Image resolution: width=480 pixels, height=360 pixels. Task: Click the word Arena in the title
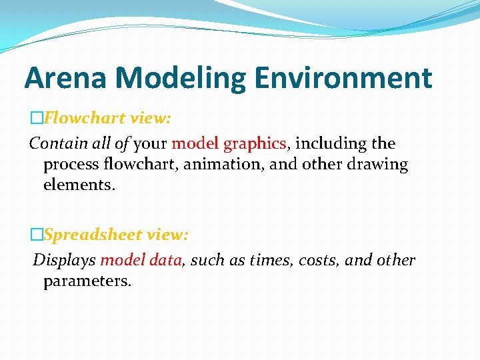tap(65, 78)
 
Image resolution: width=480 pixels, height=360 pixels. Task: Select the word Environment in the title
tap(344, 78)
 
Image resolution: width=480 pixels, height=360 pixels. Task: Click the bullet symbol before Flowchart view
tap(36, 119)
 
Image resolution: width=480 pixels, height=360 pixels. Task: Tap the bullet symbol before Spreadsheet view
tap(36, 235)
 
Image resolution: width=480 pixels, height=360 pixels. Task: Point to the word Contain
tap(57, 143)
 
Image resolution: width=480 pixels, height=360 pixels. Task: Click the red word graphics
tap(255, 144)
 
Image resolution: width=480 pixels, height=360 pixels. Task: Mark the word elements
tap(79, 184)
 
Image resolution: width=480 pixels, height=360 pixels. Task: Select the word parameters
tap(87, 281)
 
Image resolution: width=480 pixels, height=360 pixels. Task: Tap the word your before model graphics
tap(151, 144)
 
